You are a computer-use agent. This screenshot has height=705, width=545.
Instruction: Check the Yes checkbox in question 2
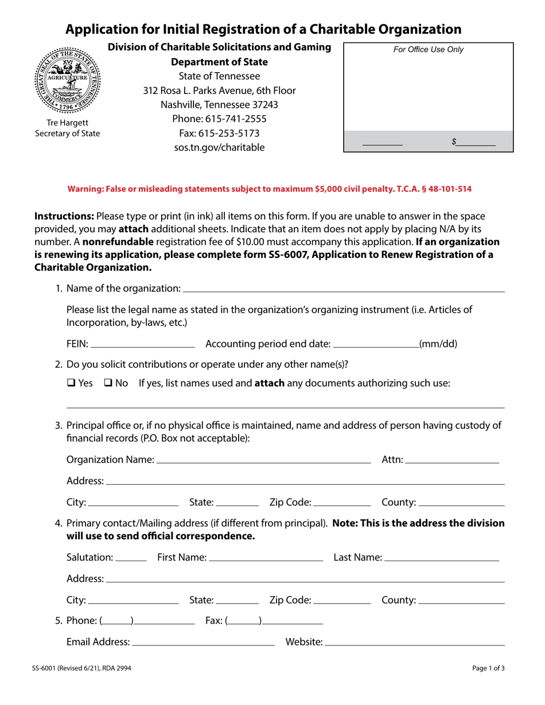tap(71, 383)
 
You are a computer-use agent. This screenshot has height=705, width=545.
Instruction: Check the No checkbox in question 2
tap(107, 383)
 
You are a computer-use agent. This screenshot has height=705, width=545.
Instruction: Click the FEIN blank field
tap(143, 345)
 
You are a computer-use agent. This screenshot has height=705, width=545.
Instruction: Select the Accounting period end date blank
tap(376, 345)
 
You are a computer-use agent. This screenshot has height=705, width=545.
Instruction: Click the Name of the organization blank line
tap(344, 289)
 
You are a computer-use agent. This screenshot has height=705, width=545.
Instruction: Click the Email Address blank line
tap(203, 643)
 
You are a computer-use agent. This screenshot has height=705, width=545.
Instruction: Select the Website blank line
tap(414, 643)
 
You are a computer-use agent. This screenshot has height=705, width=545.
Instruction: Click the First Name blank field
tap(266, 558)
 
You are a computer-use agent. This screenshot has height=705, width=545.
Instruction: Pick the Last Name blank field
tap(441, 558)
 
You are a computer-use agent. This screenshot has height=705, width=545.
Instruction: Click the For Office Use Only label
tap(429, 50)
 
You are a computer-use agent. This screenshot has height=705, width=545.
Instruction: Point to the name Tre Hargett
tap(68, 123)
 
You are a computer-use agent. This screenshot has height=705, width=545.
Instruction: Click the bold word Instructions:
tap(64, 217)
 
